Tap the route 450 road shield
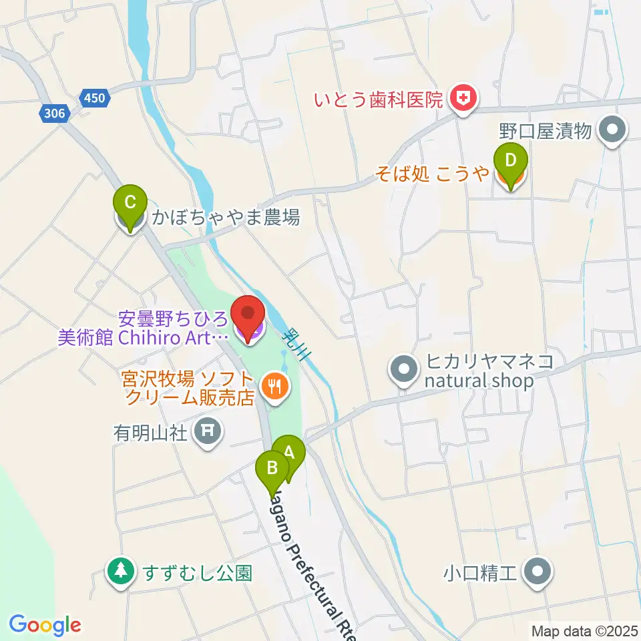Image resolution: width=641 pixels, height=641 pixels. click(95, 99)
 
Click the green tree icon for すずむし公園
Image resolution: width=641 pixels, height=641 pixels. click(120, 572)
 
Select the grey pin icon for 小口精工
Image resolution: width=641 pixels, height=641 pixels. click(538, 572)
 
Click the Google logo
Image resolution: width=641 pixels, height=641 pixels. click(45, 626)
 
